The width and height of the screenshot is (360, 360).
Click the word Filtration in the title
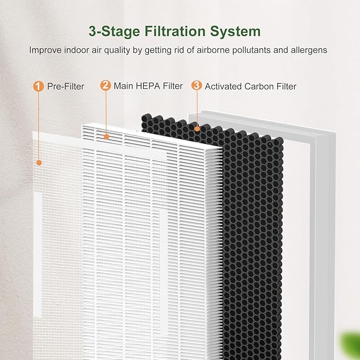tap(175, 31)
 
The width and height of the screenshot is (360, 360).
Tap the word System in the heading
tap(235, 32)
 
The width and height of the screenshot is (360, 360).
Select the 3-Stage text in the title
tap(114, 32)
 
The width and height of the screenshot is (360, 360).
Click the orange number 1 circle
tap(38, 86)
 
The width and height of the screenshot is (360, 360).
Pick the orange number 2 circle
tap(106, 85)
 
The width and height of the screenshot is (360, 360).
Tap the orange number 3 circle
tap(197, 85)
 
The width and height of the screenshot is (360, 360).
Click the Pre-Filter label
tap(66, 86)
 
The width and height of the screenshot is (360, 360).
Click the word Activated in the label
tap(223, 86)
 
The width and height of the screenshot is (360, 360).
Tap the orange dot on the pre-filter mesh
tap(39, 163)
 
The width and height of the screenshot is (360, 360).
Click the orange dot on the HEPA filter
tap(106, 137)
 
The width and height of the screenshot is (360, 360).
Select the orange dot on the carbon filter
tap(197, 129)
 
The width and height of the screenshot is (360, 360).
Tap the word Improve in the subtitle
tap(45, 50)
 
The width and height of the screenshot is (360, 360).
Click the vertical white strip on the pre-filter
tap(38, 255)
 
